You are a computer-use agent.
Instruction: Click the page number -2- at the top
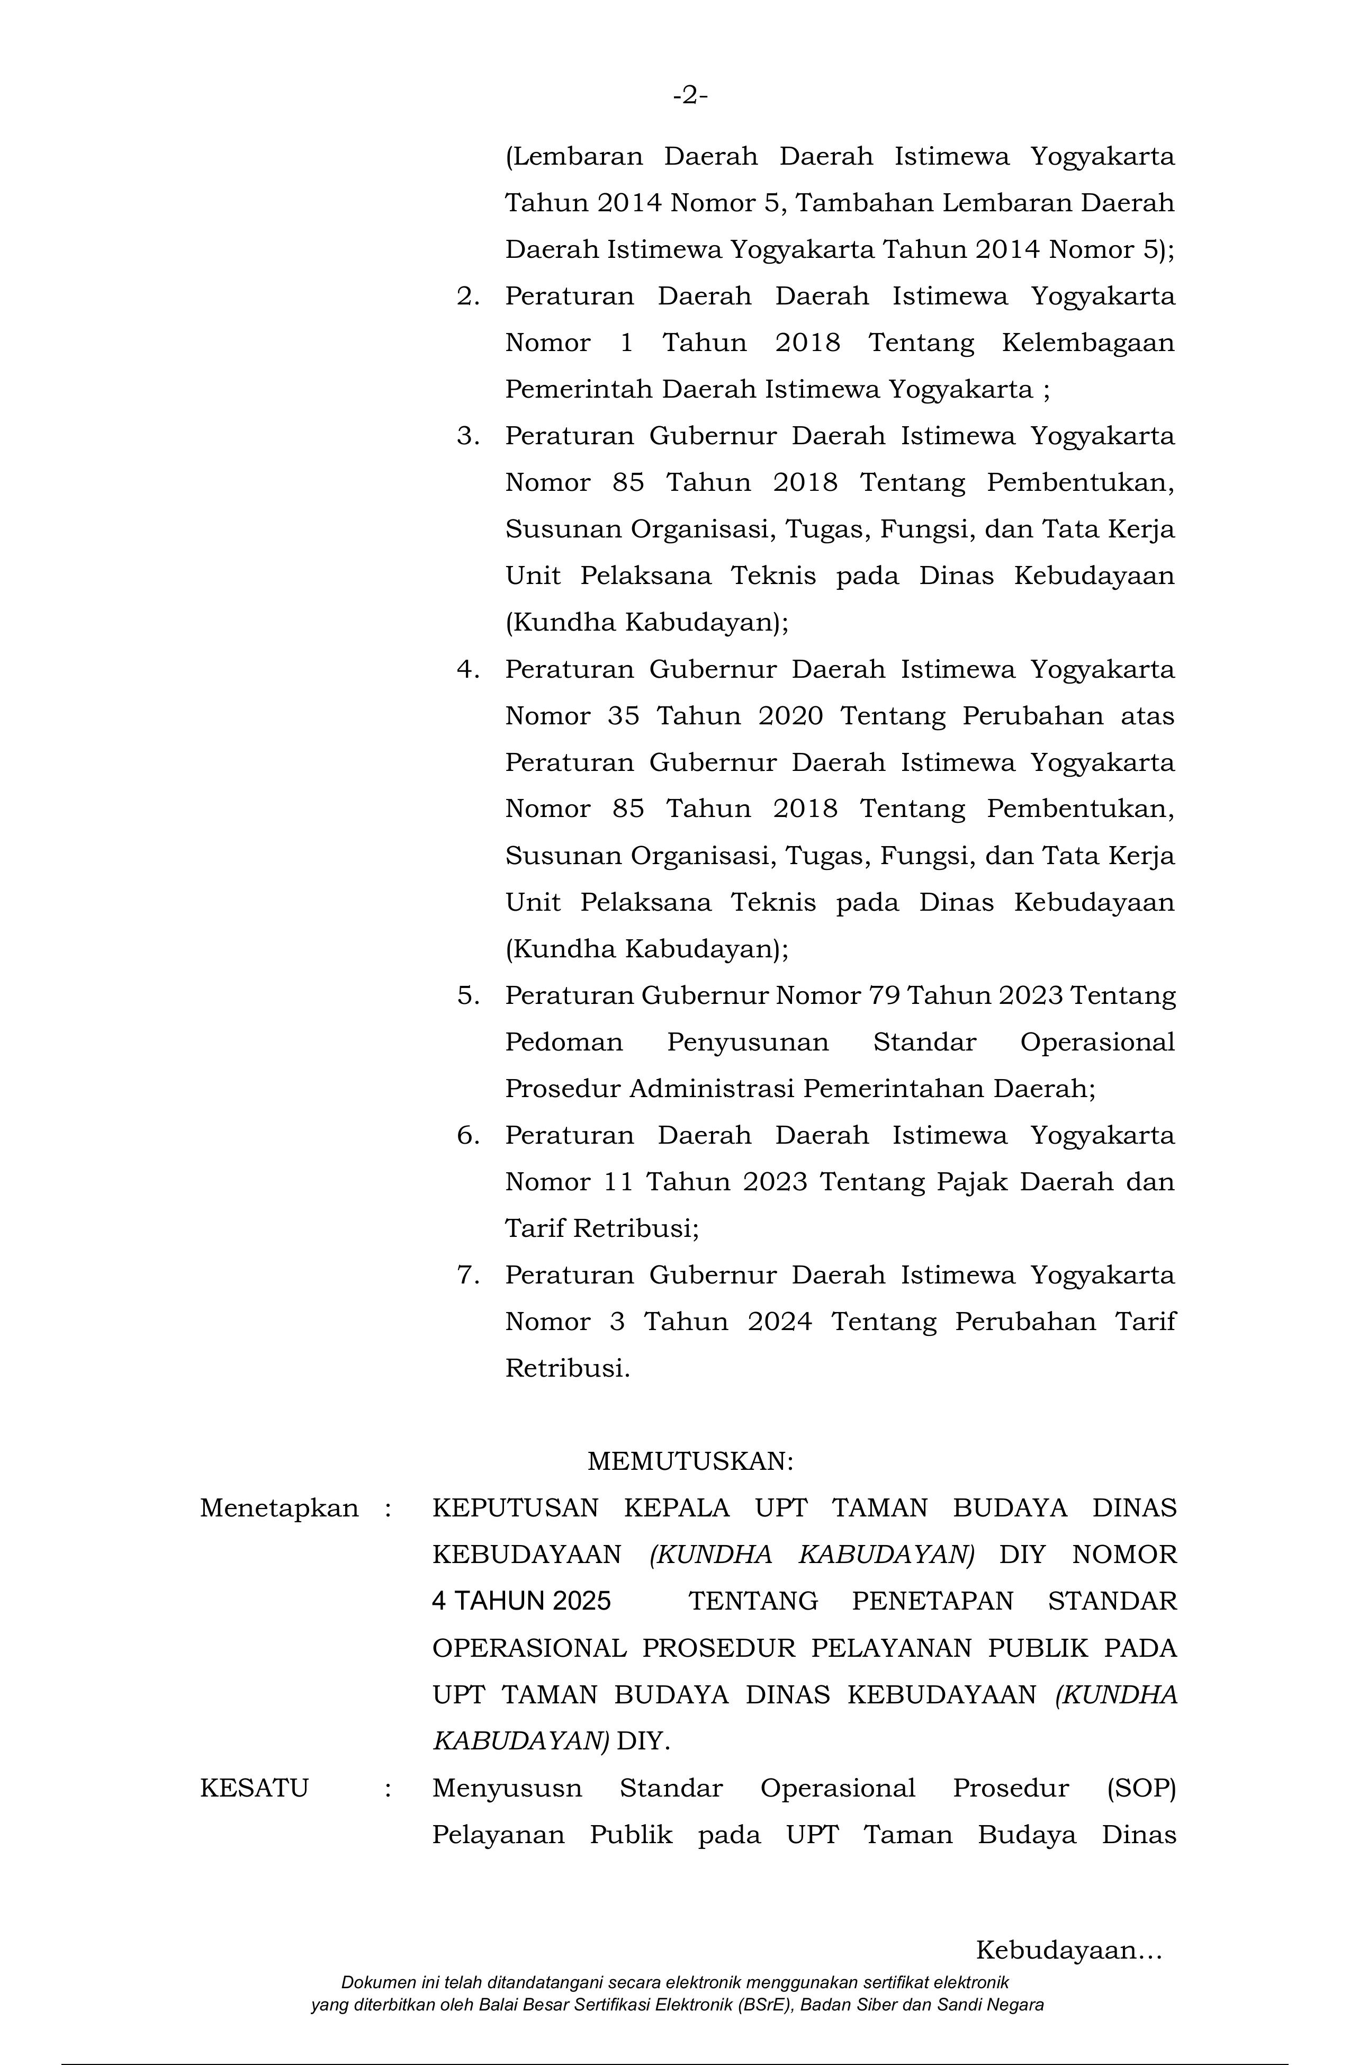point(690,95)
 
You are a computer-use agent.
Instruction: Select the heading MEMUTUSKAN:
point(690,1461)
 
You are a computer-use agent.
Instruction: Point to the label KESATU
point(254,1788)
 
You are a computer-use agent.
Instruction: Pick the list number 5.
point(469,995)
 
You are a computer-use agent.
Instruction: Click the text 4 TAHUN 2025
point(521,1601)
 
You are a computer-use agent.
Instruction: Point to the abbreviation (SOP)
point(1140,1788)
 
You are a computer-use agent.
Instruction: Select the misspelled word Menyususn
point(507,1788)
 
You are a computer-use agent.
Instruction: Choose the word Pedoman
point(564,1042)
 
